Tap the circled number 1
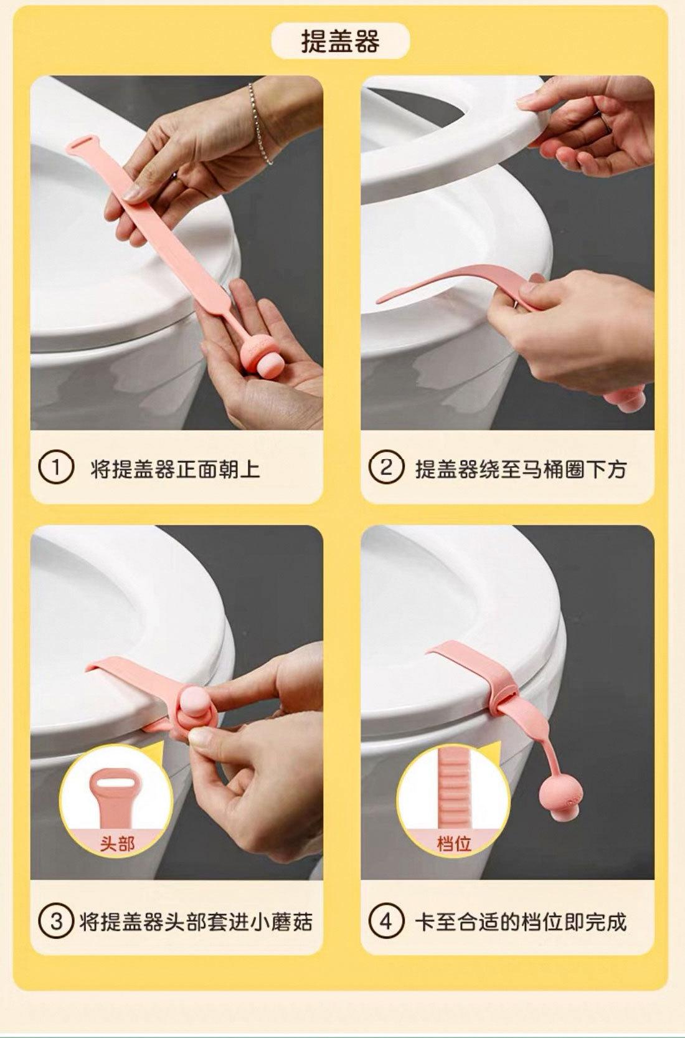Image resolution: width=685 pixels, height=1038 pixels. point(55,468)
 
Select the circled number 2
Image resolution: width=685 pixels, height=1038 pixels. point(386,468)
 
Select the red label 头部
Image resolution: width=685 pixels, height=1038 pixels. point(116,845)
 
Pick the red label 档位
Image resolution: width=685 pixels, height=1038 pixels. point(453,845)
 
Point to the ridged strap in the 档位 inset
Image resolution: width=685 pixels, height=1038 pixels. point(453,788)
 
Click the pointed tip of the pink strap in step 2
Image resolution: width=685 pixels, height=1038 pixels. point(378,303)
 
